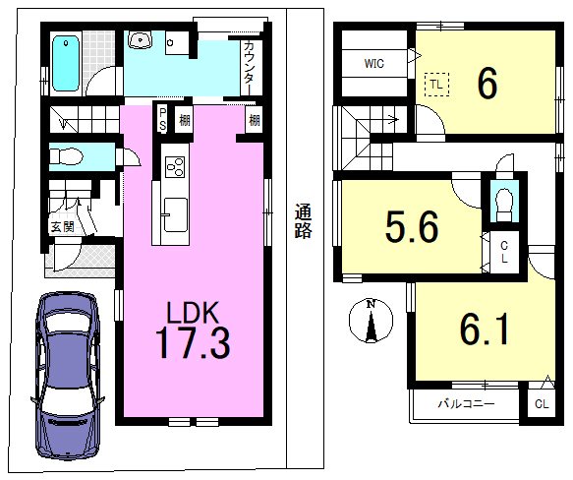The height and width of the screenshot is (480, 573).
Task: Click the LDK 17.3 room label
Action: (x=193, y=330)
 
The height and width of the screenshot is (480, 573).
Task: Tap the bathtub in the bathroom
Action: (x=66, y=63)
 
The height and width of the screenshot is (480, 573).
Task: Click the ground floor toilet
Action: (x=66, y=156)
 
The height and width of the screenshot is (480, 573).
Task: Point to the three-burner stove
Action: (x=175, y=166)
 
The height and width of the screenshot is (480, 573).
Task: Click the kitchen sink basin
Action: (x=175, y=214)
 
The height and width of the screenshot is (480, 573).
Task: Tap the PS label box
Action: (x=162, y=120)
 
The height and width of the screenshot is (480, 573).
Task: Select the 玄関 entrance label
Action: (x=63, y=227)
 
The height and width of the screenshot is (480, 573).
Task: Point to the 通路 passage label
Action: (x=304, y=221)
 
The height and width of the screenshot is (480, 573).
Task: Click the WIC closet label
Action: (x=373, y=63)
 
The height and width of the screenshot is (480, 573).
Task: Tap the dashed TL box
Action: (x=436, y=85)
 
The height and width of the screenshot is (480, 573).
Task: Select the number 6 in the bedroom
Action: (x=487, y=84)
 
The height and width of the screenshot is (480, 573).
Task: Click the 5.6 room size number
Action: (x=412, y=227)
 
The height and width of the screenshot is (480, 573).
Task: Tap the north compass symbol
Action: (x=371, y=321)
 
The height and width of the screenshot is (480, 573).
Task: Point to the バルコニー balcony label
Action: (x=466, y=403)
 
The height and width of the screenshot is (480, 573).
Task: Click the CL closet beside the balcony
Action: (x=542, y=404)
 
